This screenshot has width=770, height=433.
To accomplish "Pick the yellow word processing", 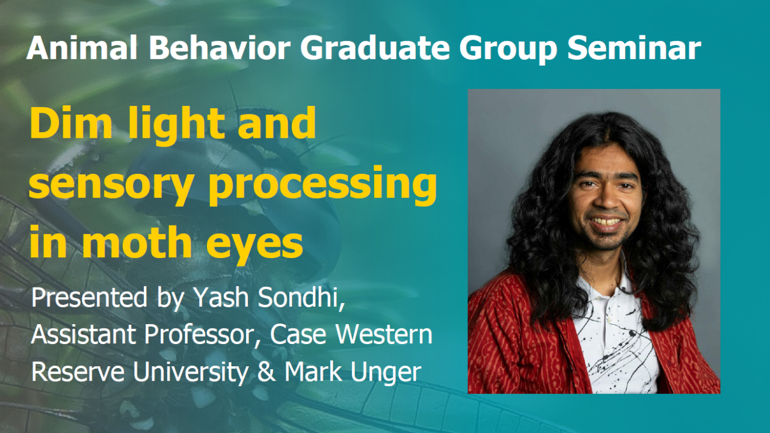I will [x=322, y=186].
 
